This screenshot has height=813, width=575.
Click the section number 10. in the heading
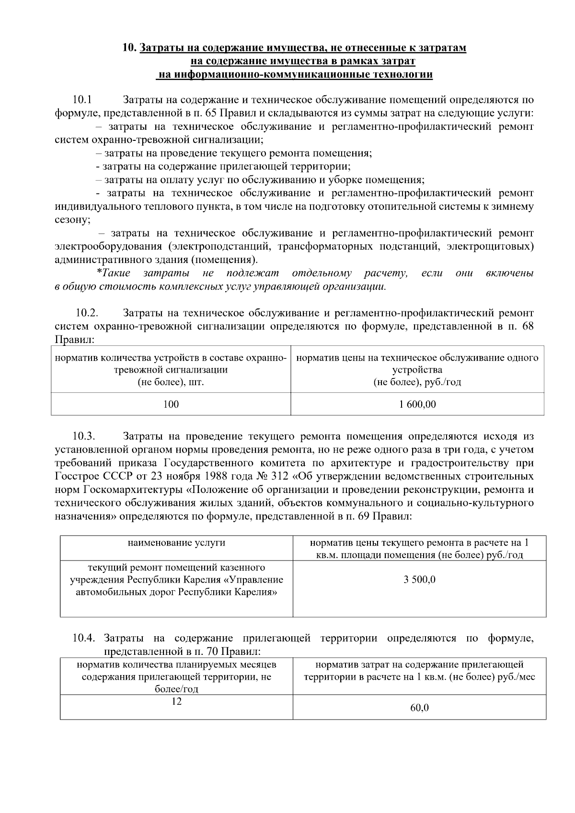pos(129,48)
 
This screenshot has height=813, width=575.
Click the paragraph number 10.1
pos(82,100)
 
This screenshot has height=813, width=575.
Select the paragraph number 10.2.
pos(87,313)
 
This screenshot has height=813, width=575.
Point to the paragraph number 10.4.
pos(84,639)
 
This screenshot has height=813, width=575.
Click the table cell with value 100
pos(171,404)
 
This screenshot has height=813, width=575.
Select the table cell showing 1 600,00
pos(417,404)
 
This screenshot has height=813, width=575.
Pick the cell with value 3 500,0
pos(419,580)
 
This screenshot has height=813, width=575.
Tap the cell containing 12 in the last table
pos(176,701)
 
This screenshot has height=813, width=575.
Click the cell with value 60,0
pos(419,708)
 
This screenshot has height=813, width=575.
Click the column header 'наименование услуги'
pos(176,543)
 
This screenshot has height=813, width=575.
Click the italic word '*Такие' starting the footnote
pos(113,274)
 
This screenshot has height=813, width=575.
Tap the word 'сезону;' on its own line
pos(72,220)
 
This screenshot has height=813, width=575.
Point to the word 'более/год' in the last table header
pos(176,689)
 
